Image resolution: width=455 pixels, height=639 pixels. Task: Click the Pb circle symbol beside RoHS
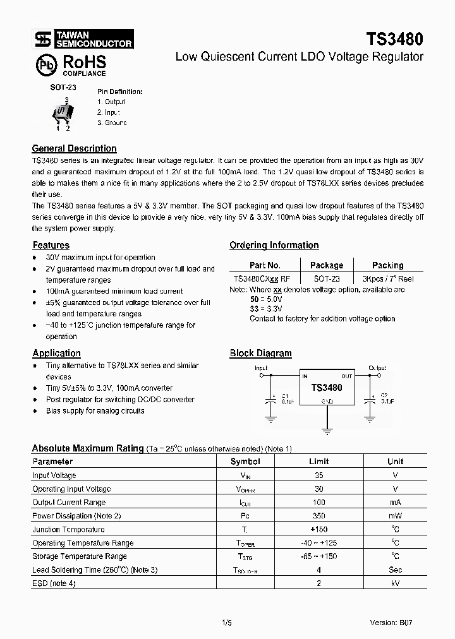pyautogui.click(x=44, y=64)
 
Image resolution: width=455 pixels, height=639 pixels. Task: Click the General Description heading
pyautogui.click(x=74, y=148)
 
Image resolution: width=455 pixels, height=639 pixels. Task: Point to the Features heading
pyautogui.click(x=51, y=245)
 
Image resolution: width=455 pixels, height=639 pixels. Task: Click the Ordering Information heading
pyautogui.click(x=274, y=245)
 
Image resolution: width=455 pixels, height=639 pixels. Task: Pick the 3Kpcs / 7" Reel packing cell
pyautogui.click(x=388, y=278)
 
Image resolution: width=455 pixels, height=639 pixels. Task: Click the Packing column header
pyautogui.click(x=387, y=265)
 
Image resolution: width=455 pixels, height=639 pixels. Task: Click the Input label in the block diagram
pyautogui.click(x=260, y=367)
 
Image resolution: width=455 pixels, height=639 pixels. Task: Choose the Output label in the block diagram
pyautogui.click(x=377, y=367)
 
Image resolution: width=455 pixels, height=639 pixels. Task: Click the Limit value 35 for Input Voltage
pyautogui.click(x=318, y=475)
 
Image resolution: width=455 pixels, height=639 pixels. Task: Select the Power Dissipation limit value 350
pyautogui.click(x=318, y=516)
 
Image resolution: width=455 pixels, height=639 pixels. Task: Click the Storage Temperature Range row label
pyautogui.click(x=80, y=556)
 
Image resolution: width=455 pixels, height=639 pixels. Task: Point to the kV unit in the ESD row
pyautogui.click(x=395, y=583)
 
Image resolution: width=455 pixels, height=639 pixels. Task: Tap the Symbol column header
pyautogui.click(x=245, y=462)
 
